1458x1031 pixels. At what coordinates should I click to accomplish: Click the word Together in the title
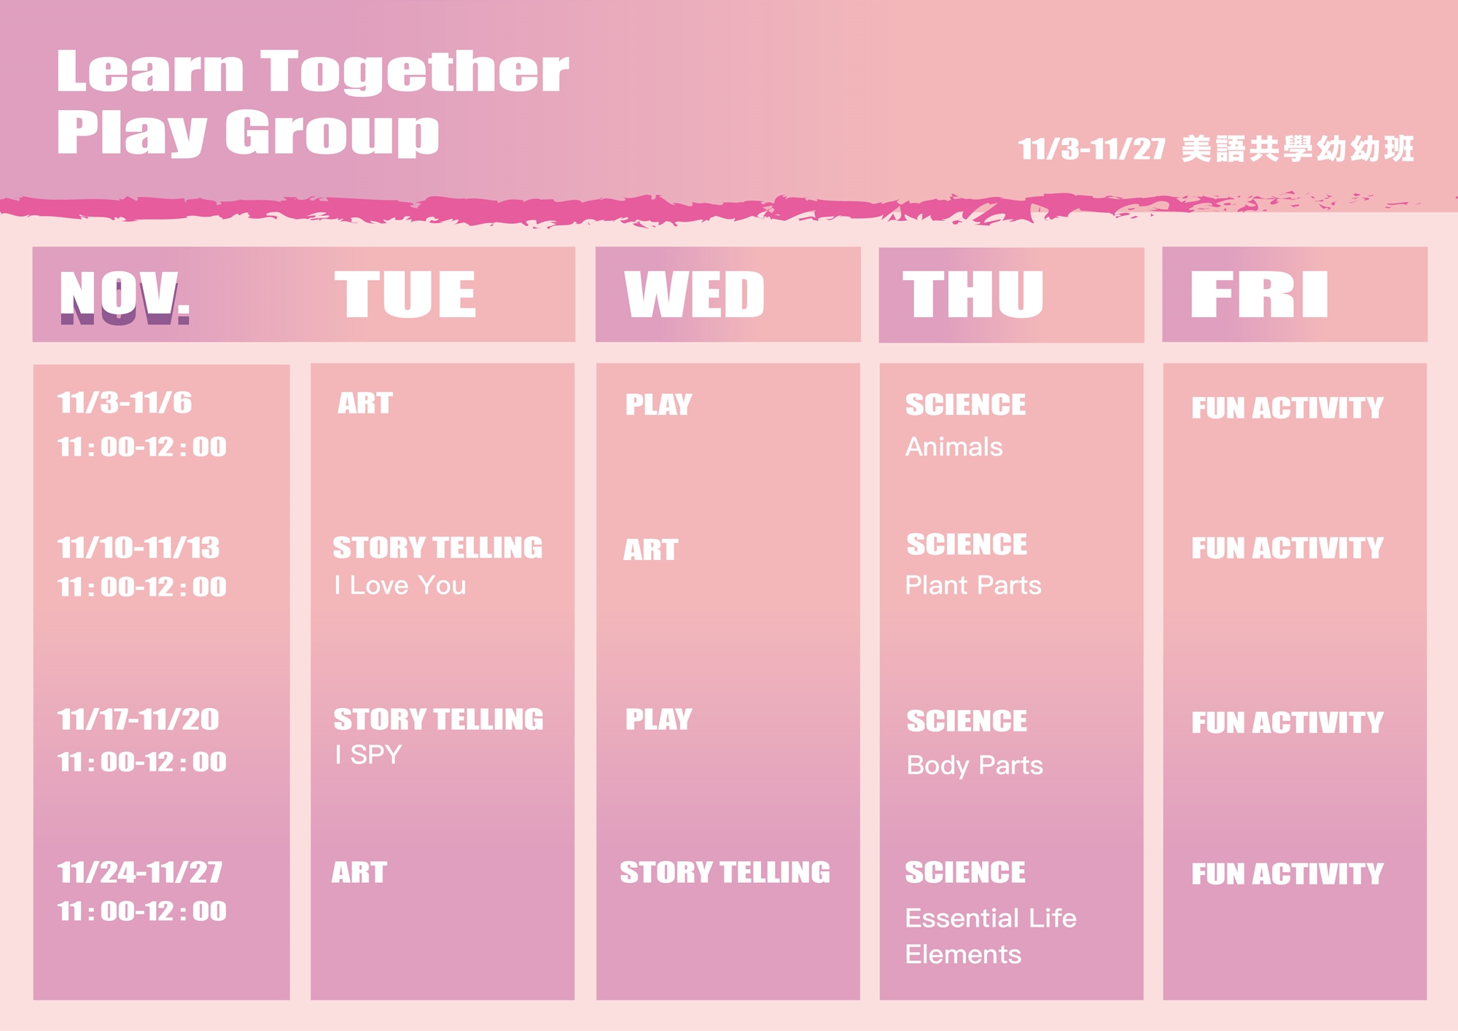click(415, 71)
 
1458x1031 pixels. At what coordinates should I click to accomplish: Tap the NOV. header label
click(125, 296)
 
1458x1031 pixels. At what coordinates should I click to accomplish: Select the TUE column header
click(405, 295)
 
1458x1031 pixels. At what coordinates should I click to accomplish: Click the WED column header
click(695, 295)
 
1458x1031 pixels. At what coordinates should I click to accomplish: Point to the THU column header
click(973, 295)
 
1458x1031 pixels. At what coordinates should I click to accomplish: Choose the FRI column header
click(1259, 295)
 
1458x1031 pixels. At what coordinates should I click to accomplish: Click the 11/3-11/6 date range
click(125, 402)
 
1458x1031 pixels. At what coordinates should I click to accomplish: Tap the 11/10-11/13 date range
click(139, 548)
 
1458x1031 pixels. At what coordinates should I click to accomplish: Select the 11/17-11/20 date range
click(139, 720)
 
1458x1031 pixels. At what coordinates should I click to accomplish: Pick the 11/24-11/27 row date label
click(140, 872)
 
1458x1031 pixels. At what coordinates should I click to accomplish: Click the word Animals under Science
click(954, 447)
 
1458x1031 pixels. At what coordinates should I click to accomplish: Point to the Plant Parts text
click(973, 585)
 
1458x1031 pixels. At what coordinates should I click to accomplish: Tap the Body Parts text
click(975, 766)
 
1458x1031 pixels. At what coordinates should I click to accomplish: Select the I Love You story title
click(400, 585)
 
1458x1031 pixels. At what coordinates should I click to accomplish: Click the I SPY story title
click(368, 755)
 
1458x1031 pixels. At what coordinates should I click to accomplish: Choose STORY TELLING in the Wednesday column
click(725, 873)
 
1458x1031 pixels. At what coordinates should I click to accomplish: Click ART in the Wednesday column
click(651, 550)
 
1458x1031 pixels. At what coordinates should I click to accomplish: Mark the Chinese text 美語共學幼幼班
click(1298, 149)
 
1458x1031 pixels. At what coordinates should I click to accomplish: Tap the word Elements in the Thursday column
click(963, 955)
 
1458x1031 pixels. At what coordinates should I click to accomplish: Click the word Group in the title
click(332, 133)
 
